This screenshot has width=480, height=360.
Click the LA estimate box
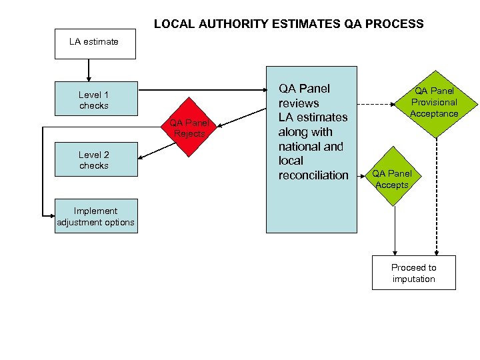tap(94, 42)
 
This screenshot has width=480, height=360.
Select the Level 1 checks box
tap(94, 100)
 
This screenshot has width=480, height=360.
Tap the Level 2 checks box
tap(94, 160)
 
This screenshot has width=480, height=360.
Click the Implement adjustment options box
tap(95, 216)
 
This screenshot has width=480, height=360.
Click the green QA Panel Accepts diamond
tap(393, 179)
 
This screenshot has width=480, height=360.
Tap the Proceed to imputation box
tap(413, 273)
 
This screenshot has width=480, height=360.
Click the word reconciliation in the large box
tap(313, 175)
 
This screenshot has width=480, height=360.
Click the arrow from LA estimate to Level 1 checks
tap(88, 70)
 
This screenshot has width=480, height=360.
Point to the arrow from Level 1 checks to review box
tap(200, 89)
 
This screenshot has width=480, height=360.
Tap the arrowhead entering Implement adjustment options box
tap(51, 216)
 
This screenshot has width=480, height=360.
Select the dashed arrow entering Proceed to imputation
tap(436, 200)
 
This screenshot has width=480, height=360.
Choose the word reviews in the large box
tap(299, 103)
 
